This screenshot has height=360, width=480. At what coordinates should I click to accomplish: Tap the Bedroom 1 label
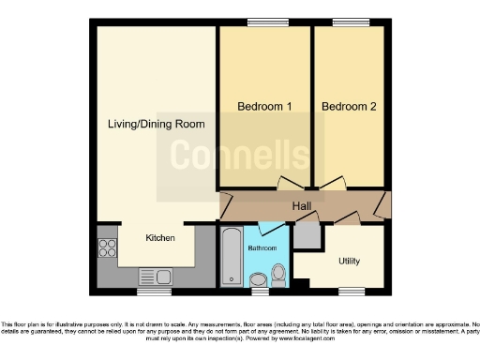tap(263, 107)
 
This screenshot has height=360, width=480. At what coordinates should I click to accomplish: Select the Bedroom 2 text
tap(349, 107)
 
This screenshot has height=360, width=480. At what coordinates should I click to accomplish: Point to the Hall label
tap(302, 206)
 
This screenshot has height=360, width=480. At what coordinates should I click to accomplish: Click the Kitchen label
tap(160, 238)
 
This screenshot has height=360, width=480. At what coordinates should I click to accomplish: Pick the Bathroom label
tap(262, 248)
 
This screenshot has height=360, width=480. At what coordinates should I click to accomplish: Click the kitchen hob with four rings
tap(108, 249)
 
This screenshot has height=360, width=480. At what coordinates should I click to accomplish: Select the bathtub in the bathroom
tap(231, 259)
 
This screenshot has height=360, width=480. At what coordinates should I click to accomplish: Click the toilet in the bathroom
tap(277, 275)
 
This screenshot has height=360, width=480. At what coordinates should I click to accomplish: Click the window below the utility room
tap(352, 290)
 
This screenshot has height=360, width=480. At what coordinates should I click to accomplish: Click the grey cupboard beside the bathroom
tap(306, 236)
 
